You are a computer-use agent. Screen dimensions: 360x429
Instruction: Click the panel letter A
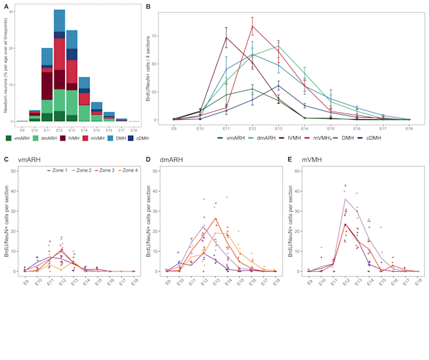(x=6, y=6)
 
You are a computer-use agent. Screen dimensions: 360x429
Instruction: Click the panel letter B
(x=148, y=6)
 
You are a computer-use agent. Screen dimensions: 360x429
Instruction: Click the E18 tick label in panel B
(x=409, y=128)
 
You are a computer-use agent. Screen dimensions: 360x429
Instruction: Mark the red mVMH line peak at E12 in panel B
(x=253, y=26)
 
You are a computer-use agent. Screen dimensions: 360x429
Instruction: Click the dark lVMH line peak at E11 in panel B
(x=226, y=37)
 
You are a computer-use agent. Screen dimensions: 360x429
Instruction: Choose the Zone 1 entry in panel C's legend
(x=58, y=171)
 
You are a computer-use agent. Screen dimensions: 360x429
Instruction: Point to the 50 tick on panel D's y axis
(x=156, y=170)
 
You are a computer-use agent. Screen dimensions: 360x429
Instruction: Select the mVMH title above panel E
(x=317, y=160)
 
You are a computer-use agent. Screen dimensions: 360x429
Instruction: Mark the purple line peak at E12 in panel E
(x=346, y=199)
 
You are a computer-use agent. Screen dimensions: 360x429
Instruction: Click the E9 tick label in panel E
(x=309, y=282)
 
